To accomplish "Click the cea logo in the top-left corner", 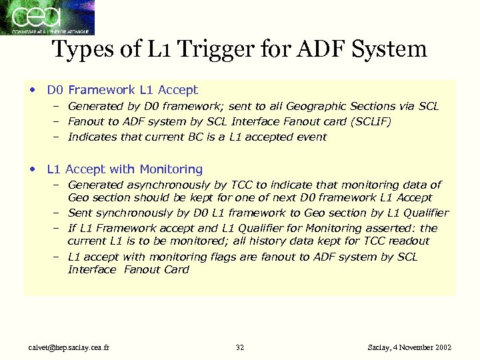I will click(x=47, y=17).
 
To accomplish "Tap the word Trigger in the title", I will click(x=207, y=49).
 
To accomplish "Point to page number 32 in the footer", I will click(x=240, y=347).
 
